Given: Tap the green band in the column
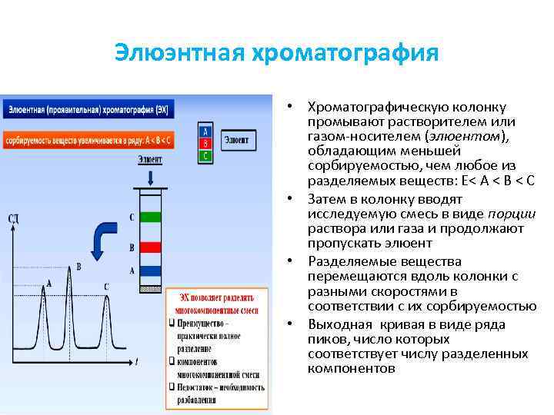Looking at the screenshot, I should [151, 217].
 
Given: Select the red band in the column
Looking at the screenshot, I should [151, 247].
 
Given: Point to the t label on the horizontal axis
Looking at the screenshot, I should [135, 361].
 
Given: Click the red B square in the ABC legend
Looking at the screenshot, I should [205, 143].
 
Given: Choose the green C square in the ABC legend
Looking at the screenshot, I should [205, 155].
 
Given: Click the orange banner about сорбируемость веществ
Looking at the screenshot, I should [88, 141].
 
